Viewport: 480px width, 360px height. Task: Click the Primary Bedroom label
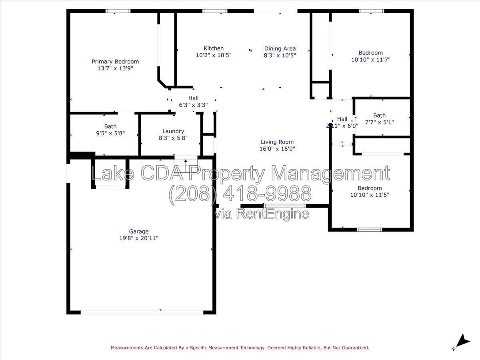tap(115, 62)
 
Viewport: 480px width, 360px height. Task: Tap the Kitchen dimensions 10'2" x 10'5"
tap(214, 55)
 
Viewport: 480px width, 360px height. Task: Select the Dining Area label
tap(280, 48)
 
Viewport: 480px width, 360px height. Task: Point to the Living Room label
tap(277, 142)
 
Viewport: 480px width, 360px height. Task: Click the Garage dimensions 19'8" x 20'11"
tap(139, 238)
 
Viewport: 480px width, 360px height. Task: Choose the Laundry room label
tap(173, 131)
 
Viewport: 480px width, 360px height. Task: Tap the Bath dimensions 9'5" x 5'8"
tap(110, 133)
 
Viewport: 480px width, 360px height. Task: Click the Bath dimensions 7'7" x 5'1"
tap(380, 122)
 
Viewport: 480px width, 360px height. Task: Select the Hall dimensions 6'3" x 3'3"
tap(193, 105)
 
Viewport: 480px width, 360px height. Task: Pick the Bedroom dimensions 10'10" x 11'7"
tap(371, 60)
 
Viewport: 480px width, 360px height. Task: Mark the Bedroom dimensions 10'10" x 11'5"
tap(370, 195)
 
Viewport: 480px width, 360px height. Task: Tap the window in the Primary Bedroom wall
tap(118, 11)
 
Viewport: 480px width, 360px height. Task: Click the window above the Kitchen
tap(215, 11)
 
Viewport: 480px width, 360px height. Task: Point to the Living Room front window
tap(285, 206)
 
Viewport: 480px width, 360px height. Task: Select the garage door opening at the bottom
tap(142, 312)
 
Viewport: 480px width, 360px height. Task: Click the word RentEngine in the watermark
tap(273, 214)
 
